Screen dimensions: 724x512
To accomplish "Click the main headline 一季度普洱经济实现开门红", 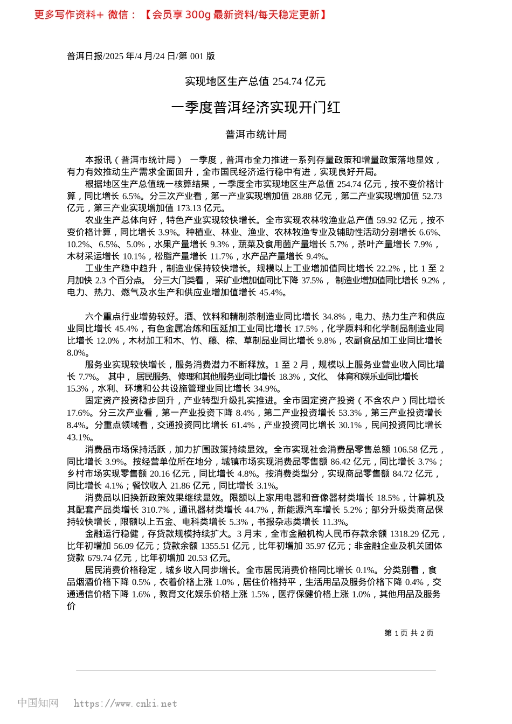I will [255, 107].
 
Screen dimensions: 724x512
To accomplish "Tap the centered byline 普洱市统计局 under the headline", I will [255, 134].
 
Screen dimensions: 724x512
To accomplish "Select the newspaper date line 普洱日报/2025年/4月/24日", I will [141, 56].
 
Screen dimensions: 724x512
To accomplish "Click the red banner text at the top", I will [181, 15].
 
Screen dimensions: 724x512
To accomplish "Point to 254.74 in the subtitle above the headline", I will [287, 81].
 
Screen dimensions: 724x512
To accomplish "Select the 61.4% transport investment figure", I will [243, 425].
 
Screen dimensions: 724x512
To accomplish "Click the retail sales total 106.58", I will [405, 449].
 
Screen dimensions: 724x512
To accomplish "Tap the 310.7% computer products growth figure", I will [154, 510].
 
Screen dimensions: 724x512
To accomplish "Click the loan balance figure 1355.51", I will [215, 546].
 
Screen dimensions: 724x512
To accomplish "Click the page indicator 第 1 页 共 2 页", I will [409, 633].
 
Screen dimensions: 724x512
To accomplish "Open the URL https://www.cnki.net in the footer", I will [125, 704].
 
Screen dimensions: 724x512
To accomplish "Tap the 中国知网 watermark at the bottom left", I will [38, 703].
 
